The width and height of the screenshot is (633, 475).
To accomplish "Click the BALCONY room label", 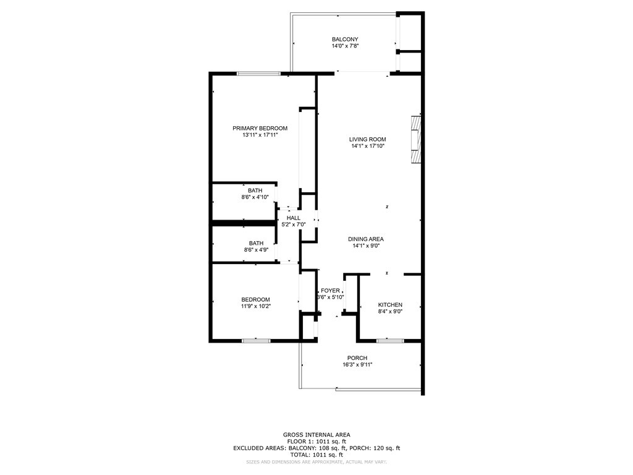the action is pos(345,39).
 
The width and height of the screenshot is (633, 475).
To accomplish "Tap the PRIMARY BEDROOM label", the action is pos(260,129).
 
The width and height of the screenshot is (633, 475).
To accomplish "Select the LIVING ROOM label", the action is pos(367,139).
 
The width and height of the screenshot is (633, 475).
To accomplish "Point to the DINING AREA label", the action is pos(366,239).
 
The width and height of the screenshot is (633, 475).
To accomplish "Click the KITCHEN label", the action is pos(390,305).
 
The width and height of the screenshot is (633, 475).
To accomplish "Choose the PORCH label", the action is pos(357,358).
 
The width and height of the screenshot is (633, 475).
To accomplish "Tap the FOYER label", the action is pos(330,291).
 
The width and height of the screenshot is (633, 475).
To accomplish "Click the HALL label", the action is pos(294,218).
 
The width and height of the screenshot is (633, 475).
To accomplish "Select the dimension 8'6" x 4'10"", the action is pos(255,197).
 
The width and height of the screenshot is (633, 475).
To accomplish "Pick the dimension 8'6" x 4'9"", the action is pos(256,250).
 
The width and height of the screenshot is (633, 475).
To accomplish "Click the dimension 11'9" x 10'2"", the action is pos(255,306).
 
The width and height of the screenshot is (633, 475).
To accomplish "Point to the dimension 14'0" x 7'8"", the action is pos(345,46).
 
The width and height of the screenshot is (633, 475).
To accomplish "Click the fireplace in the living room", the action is pos(416,139).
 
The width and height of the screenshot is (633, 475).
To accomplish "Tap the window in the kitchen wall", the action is pos(390,341).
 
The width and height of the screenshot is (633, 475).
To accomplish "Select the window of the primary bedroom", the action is pos(258,74).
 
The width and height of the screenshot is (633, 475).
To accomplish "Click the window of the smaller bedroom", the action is pos(256,341).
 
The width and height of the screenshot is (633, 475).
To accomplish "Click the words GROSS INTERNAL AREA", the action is pos(316,435).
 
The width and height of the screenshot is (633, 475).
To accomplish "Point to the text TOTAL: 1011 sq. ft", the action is pos(316,455).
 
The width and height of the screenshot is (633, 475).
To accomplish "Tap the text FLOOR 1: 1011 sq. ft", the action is pos(316,442).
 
